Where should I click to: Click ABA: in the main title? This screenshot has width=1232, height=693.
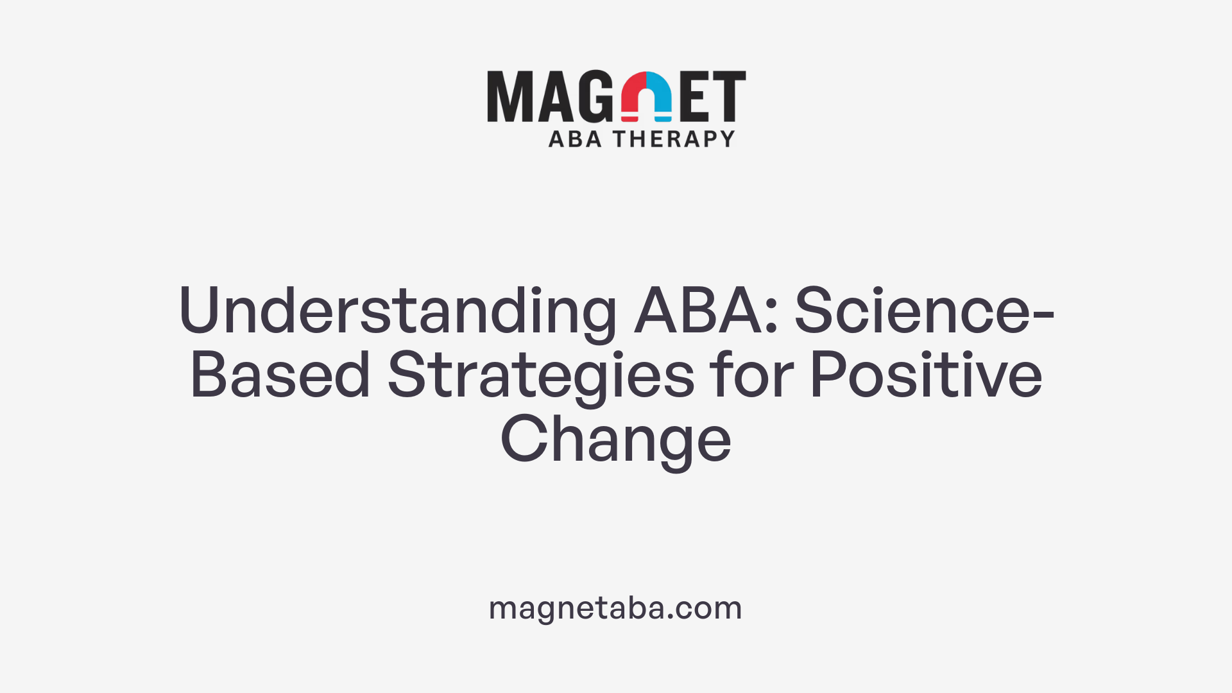[706, 311]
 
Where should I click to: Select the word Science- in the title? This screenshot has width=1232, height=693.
[924, 311]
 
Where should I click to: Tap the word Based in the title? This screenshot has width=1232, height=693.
[280, 375]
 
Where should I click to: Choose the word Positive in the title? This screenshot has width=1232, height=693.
[926, 375]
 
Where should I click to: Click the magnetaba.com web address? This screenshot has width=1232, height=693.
[615, 608]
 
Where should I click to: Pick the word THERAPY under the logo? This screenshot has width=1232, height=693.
[674, 139]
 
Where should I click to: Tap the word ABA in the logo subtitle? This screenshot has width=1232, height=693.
[575, 139]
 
